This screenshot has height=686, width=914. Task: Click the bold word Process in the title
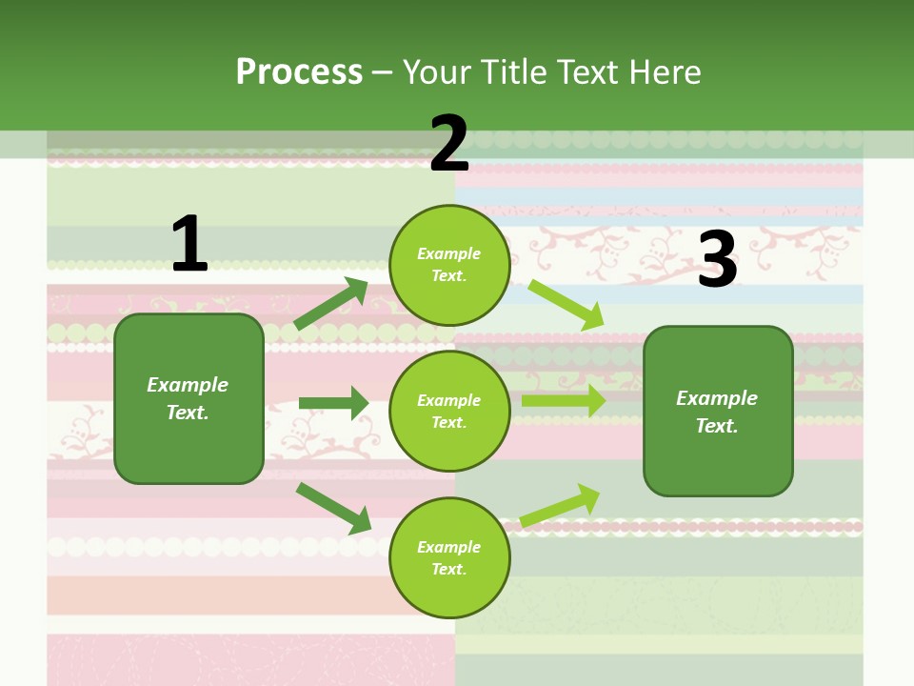pos(299,71)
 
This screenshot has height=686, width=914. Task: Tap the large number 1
pos(189,244)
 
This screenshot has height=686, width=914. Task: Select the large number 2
pos(449,144)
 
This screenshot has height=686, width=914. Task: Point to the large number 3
pos(717,259)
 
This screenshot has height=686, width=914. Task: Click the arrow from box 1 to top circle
pos(331,304)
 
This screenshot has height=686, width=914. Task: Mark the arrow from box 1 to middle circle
pos(333,403)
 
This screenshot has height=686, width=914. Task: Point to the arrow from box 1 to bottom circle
pos(333,507)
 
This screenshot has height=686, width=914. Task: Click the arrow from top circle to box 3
pos(566,304)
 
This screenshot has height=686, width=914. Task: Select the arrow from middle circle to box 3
pos(563,401)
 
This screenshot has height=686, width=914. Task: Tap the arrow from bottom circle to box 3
pos(560,506)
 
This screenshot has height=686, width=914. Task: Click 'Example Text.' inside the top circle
pos(449,265)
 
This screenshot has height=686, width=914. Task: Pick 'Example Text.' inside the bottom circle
pos(449,558)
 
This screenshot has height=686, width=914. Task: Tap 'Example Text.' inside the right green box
pos(717,412)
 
